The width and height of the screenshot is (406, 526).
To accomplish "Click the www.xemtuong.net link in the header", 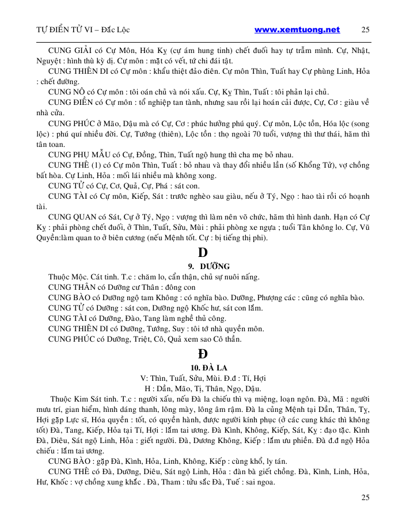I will pos(297,29).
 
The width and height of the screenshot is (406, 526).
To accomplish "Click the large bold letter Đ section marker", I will pos(202,353).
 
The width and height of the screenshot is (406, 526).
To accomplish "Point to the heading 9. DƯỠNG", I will pos(208,266).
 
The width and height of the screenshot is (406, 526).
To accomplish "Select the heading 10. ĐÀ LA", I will pos(207,368).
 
